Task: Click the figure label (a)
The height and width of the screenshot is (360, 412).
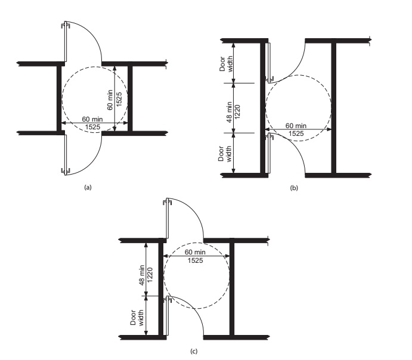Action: tap(88, 187)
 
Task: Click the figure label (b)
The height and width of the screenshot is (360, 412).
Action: tap(294, 188)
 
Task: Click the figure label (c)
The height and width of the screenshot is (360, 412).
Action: tap(194, 351)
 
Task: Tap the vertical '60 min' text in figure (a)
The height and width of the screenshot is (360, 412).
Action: tap(110, 100)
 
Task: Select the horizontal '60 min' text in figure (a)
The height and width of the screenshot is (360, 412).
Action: tap(92, 119)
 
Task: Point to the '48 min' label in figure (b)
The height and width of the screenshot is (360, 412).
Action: tap(229, 112)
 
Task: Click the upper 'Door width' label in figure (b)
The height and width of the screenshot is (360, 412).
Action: tap(226, 64)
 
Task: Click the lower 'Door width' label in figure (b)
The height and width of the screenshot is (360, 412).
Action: tap(225, 154)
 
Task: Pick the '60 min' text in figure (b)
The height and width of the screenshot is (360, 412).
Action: tap(296, 126)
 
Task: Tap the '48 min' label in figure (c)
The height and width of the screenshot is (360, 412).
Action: tap(142, 275)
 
